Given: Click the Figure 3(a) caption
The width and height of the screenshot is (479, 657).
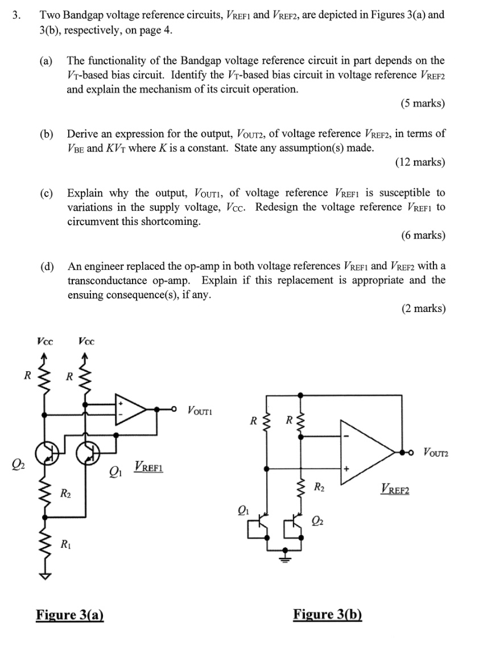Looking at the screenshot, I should point(70,614).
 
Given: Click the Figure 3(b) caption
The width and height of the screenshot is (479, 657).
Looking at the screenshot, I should point(327,614).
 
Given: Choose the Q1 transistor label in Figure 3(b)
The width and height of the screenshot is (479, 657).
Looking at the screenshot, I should point(244,508).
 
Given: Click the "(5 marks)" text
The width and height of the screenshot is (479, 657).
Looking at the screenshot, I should point(422,104).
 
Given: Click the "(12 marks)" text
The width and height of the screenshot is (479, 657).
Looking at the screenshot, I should point(420,162).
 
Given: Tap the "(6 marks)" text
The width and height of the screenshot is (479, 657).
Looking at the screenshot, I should point(422,235).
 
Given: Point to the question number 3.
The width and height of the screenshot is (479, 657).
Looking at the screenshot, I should point(16,15).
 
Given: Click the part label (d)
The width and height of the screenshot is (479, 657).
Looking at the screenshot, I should point(47,266).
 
